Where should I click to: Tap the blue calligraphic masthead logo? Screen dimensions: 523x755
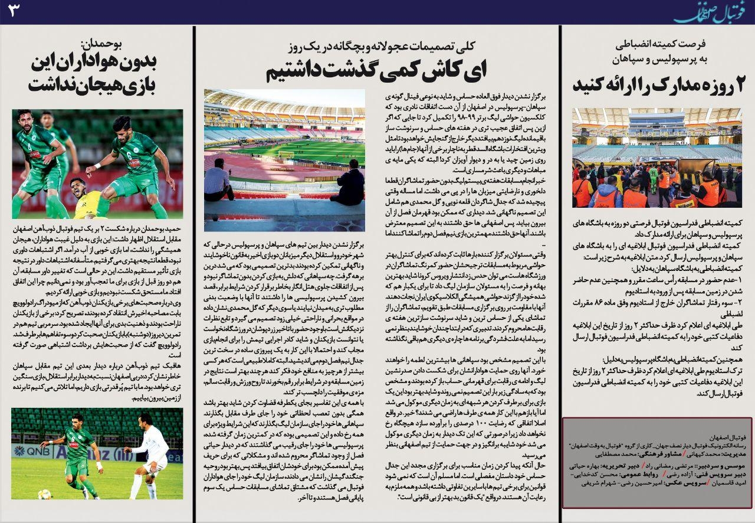coord(705,12)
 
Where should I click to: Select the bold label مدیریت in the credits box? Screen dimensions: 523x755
coord(734,455)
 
